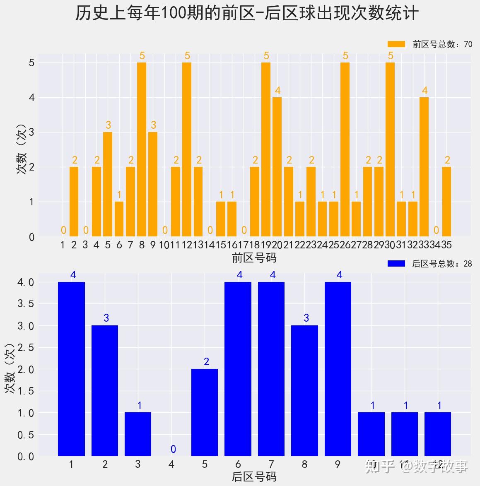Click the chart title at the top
pyautogui.click(x=247, y=14)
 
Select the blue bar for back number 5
pyautogui.click(x=205, y=412)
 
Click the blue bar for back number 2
pyautogui.click(x=105, y=390)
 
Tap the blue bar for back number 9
pyautogui.click(x=338, y=368)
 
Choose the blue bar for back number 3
pyautogui.click(x=138, y=434)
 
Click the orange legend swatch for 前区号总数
pyautogui.click(x=396, y=44)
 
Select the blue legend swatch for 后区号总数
pyautogui.click(x=396, y=264)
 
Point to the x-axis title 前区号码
pyautogui.click(x=254, y=258)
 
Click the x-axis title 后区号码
pyautogui.click(x=254, y=477)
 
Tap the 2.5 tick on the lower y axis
pyautogui.click(x=26, y=348)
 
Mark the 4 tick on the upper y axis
pyautogui.click(x=31, y=98)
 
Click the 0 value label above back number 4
pyautogui.click(x=173, y=449)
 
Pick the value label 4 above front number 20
pyautogui.click(x=277, y=90)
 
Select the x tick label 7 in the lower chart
pyautogui.click(x=271, y=464)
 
